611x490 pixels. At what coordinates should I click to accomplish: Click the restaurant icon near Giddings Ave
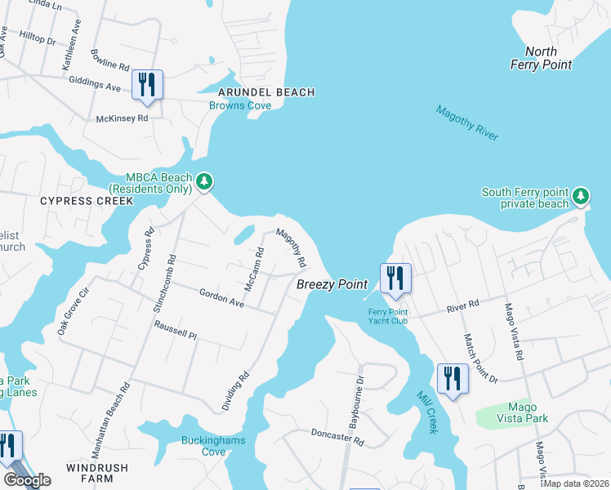tap(147, 85)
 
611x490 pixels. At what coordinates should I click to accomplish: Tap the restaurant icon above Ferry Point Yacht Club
tap(394, 278)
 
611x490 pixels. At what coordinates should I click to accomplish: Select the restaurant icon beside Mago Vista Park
tap(453, 379)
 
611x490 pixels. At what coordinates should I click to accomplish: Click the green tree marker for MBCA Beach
tap(204, 180)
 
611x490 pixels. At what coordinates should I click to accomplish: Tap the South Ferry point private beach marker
tap(580, 195)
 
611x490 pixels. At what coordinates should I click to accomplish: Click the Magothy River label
tap(466, 123)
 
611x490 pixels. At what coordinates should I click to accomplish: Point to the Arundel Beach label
tap(265, 92)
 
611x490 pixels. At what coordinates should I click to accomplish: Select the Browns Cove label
tap(240, 105)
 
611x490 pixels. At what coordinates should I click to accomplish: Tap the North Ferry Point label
tap(541, 58)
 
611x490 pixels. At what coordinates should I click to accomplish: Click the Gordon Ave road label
tap(221, 297)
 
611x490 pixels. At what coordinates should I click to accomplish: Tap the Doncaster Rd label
tap(337, 439)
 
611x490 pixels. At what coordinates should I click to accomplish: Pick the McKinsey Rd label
tap(123, 118)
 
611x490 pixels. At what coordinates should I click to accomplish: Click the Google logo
tap(26, 480)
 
